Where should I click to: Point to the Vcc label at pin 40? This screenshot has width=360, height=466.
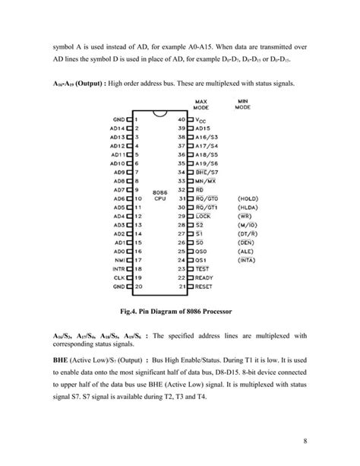click(x=201, y=120)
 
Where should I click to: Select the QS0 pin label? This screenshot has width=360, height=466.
click(x=201, y=249)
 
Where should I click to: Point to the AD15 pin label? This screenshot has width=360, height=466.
click(x=203, y=130)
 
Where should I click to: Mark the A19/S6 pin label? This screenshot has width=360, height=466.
click(x=206, y=163)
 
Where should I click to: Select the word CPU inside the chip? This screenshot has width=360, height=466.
click(x=159, y=199)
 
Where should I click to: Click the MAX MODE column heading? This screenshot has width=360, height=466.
click(x=201, y=104)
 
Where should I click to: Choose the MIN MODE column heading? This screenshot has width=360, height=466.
click(x=242, y=104)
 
